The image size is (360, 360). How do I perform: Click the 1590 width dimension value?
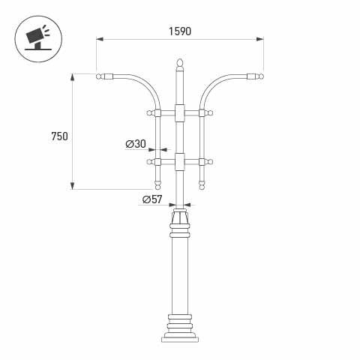180,31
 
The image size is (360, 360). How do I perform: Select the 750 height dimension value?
59,136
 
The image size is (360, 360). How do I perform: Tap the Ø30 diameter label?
135,144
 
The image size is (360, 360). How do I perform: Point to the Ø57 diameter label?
152,199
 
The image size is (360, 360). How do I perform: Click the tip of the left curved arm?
100,76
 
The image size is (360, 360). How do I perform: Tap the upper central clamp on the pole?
179,113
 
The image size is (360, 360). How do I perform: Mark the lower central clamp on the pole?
179,161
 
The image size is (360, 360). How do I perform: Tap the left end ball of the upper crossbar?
149,113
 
